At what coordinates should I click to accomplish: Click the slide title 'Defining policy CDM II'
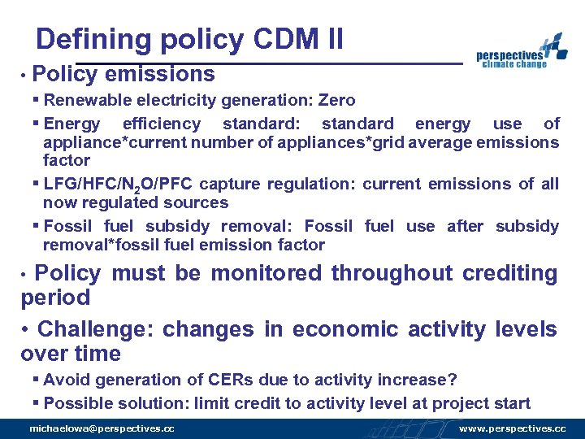click(x=189, y=39)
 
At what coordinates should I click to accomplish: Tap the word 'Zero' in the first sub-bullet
click(x=336, y=101)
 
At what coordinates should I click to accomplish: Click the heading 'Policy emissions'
click(x=124, y=75)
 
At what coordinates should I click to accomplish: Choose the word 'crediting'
click(x=509, y=273)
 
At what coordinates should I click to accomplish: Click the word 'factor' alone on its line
click(x=67, y=161)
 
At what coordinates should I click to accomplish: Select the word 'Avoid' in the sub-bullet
click(x=63, y=380)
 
